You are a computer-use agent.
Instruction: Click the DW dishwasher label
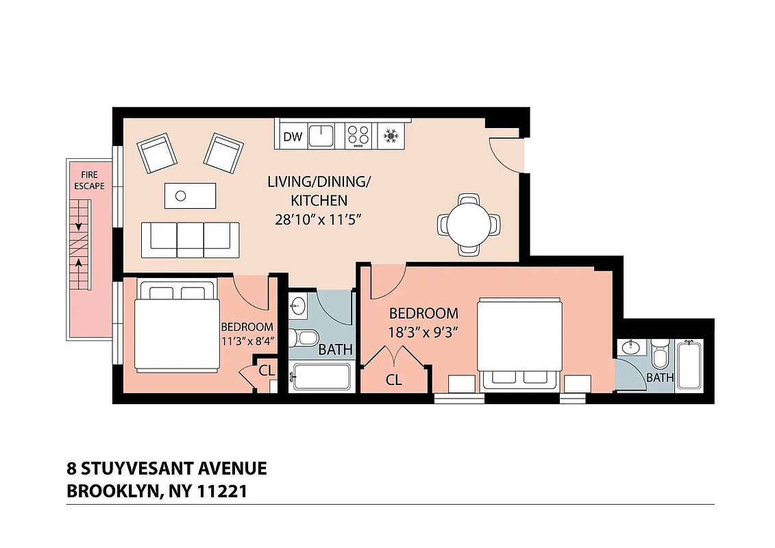coord(293,137)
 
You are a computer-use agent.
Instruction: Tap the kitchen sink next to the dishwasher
coord(321,135)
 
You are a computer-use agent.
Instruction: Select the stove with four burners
coord(358,135)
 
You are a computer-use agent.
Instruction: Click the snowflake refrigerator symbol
coord(391,136)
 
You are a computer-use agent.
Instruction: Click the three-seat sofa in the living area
coord(190,240)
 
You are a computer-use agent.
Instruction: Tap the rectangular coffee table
coord(190,195)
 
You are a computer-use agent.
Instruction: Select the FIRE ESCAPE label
coord(90,180)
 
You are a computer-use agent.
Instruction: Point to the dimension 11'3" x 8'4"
coord(247,340)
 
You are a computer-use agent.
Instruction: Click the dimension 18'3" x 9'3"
coord(423,332)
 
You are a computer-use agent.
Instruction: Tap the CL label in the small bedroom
coord(267,371)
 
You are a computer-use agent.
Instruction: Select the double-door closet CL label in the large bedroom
coord(393,379)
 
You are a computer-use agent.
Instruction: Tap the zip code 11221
coord(222,491)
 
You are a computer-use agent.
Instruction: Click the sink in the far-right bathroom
coord(630,349)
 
